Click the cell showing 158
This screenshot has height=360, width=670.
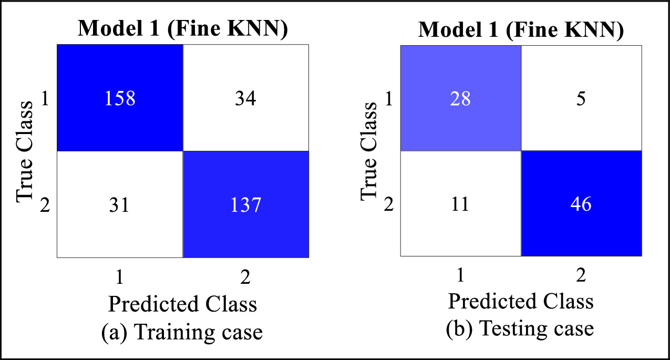point(120,98)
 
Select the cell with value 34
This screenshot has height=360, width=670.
point(245,98)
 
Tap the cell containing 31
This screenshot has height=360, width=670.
point(120,204)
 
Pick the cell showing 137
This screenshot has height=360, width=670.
point(245,204)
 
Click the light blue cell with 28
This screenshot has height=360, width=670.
point(461,98)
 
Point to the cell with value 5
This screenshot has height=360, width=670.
point(581,98)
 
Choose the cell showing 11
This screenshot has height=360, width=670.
point(461,203)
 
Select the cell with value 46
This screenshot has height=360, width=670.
point(581,203)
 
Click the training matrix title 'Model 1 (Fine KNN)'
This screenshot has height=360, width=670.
point(183,29)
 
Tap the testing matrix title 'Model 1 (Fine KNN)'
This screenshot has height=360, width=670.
point(521,30)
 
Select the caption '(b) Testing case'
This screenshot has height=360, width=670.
point(520,329)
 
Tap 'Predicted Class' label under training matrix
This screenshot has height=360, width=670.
point(182,304)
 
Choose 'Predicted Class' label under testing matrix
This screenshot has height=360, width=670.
point(520,302)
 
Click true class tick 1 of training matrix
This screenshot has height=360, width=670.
point(45,99)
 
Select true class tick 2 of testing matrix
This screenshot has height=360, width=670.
point(388,204)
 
